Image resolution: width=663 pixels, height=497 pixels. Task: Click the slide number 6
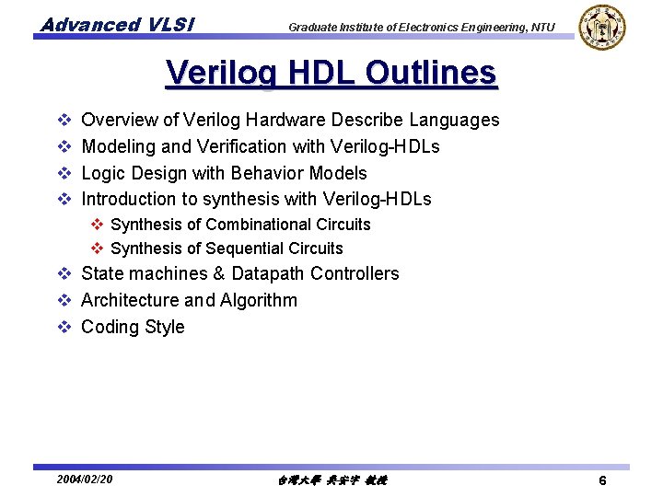(x=601, y=480)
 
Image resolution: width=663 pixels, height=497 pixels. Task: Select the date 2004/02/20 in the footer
(x=85, y=480)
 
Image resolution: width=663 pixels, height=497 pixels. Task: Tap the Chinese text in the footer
(x=331, y=480)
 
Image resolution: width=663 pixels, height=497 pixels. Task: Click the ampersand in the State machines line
(x=219, y=273)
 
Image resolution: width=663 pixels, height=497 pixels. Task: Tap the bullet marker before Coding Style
(x=64, y=327)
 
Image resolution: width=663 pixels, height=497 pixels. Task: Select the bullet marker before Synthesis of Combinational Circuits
(x=97, y=225)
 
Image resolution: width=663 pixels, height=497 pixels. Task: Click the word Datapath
(x=268, y=273)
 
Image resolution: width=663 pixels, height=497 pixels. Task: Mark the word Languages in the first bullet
(x=454, y=120)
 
